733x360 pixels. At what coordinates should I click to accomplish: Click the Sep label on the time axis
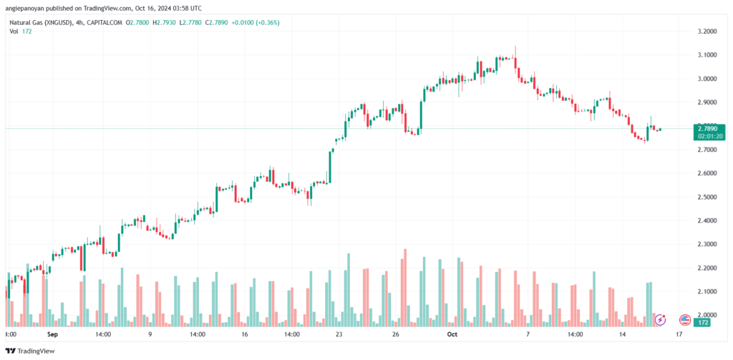point(52,334)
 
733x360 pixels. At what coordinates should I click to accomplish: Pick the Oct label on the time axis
point(452,334)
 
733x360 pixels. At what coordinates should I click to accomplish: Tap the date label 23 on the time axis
point(339,334)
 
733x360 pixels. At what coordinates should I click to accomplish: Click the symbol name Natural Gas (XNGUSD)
point(42,23)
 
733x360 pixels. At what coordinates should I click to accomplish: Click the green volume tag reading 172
point(704,323)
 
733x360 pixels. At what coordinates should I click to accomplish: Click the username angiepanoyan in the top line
point(29,8)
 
